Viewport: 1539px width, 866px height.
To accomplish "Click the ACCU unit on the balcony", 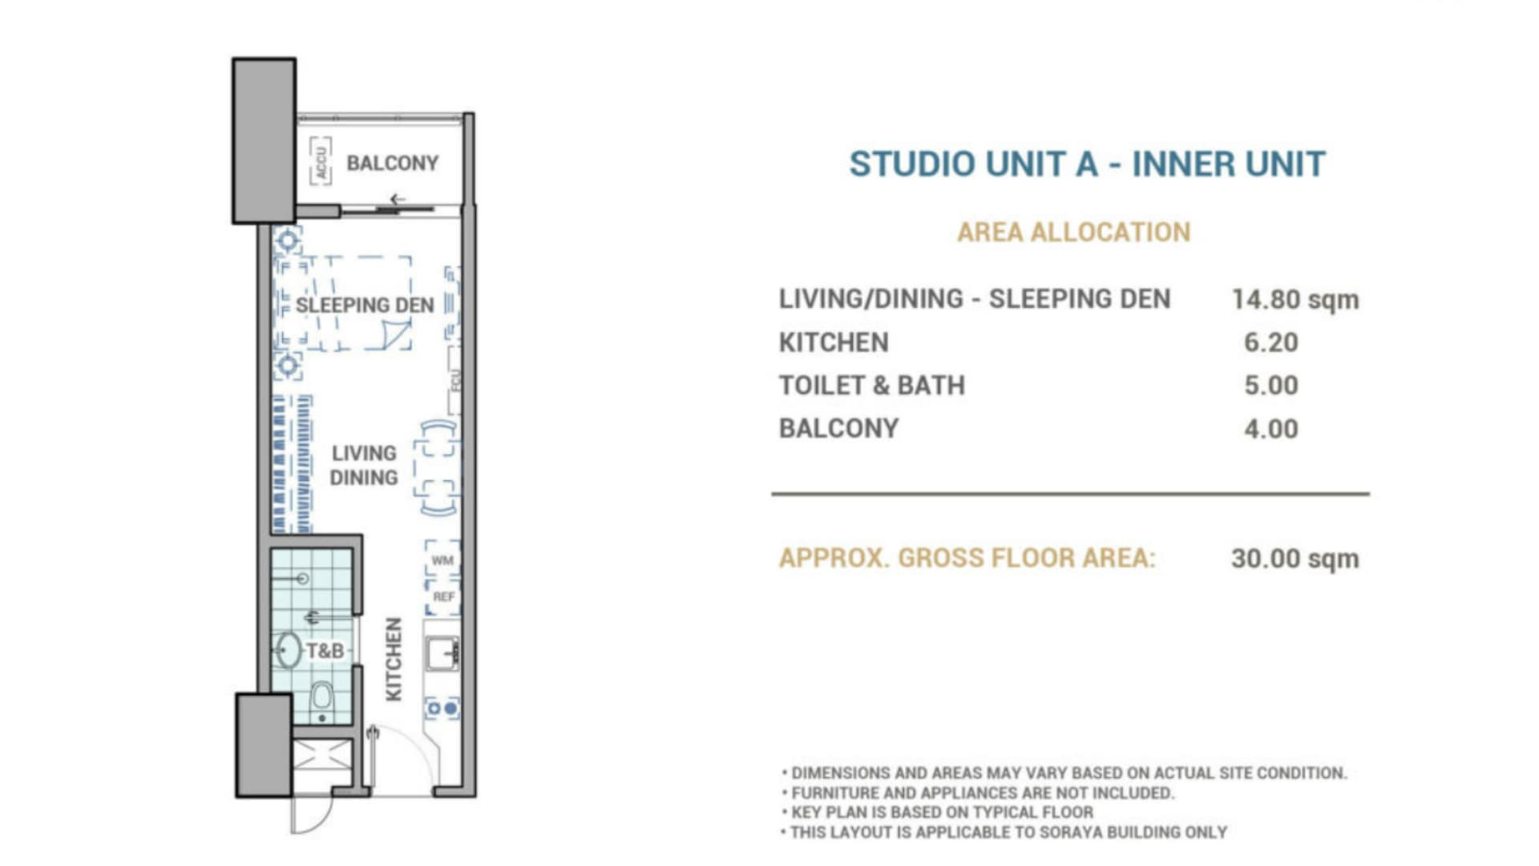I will click(321, 161).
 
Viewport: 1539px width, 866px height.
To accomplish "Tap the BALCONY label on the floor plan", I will click(392, 163).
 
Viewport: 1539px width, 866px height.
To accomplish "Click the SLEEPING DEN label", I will click(365, 305).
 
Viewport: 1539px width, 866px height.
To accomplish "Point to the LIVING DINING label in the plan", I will click(364, 465).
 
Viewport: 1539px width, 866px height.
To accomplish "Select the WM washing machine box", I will click(442, 560).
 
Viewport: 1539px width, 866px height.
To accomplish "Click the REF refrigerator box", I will click(443, 597).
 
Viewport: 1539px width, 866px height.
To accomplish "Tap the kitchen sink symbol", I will click(442, 654).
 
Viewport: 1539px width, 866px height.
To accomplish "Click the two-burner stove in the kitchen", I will click(442, 709).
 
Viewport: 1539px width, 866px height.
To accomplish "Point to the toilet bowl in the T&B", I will click(321, 699).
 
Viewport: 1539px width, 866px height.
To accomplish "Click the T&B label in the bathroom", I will click(325, 650).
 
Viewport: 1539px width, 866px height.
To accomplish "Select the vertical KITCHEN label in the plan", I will click(393, 659).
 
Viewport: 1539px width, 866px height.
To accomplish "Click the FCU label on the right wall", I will click(455, 380).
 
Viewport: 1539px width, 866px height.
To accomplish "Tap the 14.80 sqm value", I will click(1295, 300).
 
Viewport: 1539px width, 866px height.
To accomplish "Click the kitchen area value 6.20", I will click(1270, 342).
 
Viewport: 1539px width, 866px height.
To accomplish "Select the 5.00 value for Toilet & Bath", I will click(1270, 386).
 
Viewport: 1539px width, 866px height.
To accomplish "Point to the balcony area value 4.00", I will click(1270, 429).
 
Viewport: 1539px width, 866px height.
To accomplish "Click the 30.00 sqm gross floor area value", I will click(1295, 559).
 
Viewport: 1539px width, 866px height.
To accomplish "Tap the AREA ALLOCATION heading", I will click(1073, 233).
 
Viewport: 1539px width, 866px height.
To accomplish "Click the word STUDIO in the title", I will click(911, 164).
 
